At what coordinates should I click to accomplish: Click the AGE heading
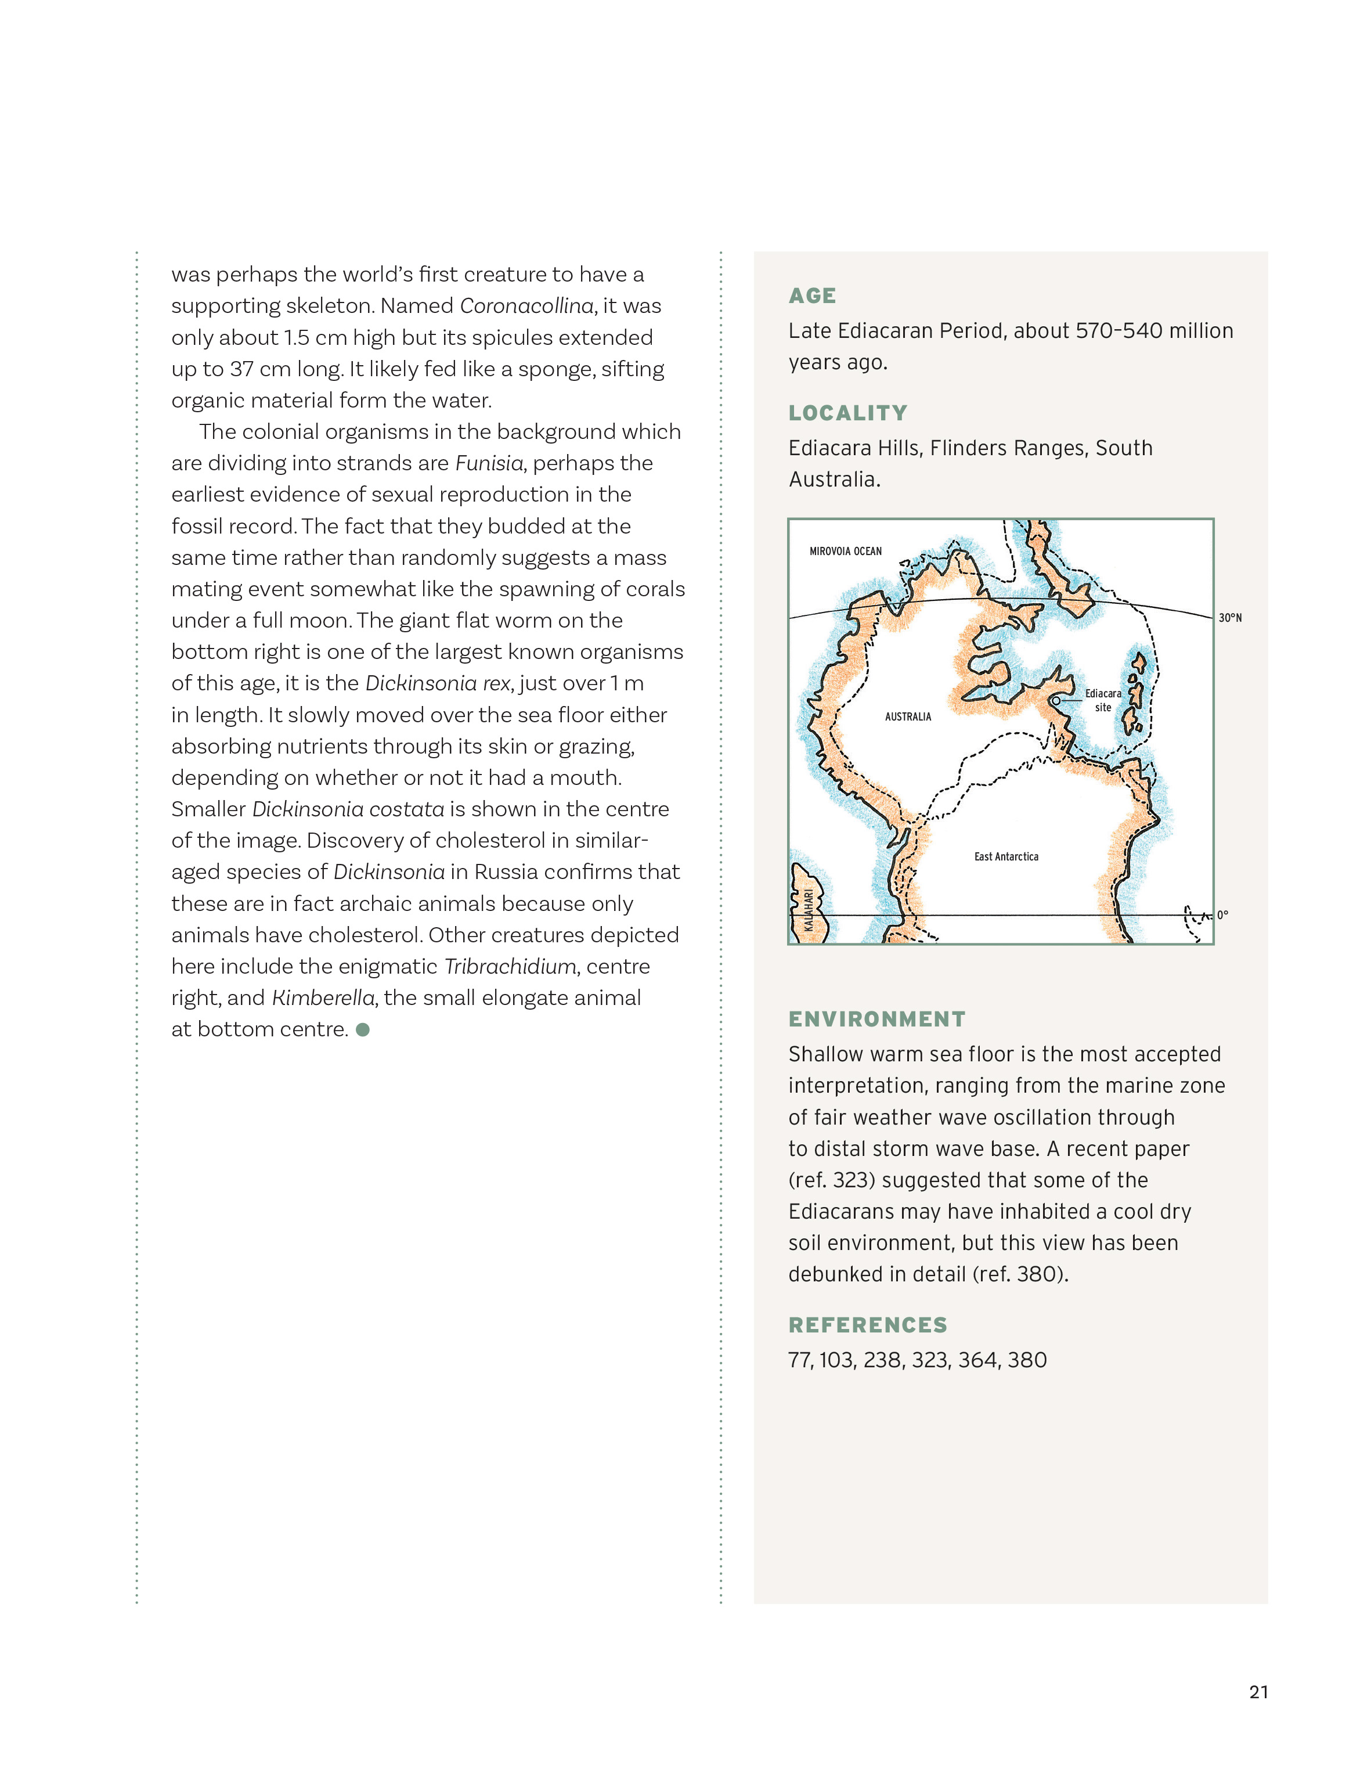click(x=812, y=296)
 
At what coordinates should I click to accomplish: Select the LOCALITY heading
click(x=847, y=413)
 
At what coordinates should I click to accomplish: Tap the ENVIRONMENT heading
click(x=876, y=1019)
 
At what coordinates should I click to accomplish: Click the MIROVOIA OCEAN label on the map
click(x=846, y=551)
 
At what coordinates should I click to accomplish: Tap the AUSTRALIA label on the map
click(x=907, y=717)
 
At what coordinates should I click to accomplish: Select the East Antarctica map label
click(x=1006, y=856)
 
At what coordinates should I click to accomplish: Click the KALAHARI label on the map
click(x=808, y=909)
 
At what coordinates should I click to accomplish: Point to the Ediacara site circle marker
click(x=1055, y=700)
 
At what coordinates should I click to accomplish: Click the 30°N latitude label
click(x=1230, y=618)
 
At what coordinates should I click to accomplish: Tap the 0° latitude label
click(x=1222, y=915)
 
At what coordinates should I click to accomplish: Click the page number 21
click(x=1258, y=1692)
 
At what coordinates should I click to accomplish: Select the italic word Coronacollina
click(x=527, y=306)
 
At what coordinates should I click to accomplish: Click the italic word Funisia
click(x=489, y=463)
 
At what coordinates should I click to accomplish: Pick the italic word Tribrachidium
click(x=511, y=967)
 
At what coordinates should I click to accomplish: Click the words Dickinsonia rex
click(x=438, y=683)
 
